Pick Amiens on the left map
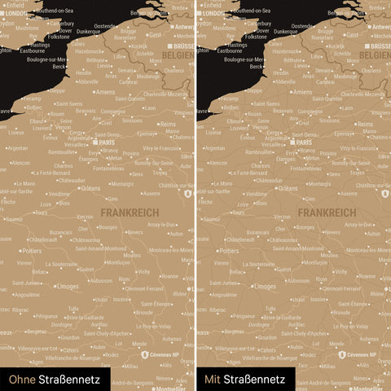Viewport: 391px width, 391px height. (x=105, y=92)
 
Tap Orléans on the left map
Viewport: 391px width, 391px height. (x=90, y=187)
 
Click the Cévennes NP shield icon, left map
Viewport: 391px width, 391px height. (x=144, y=355)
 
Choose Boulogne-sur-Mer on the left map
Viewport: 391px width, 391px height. (x=37, y=59)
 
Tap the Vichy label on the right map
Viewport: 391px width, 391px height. (x=340, y=271)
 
